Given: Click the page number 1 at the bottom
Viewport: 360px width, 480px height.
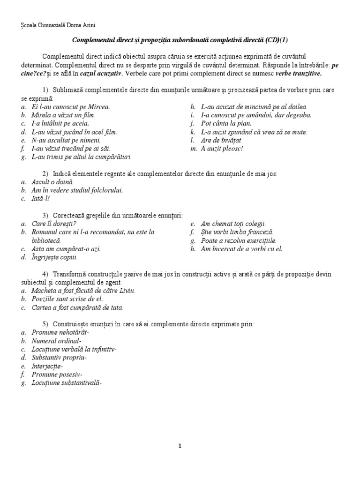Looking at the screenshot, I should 180,446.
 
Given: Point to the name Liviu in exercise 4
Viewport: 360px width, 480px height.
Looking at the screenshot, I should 126,291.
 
